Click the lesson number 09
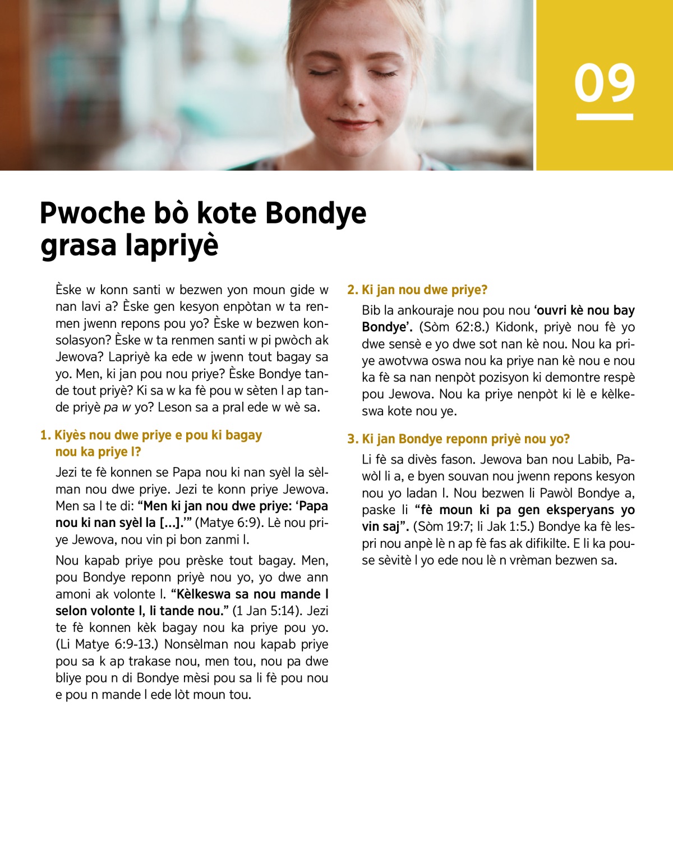pos(605,83)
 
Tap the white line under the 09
pos(605,117)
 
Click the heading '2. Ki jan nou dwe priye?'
pos(417,290)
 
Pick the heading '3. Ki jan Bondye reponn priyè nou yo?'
pos(458,439)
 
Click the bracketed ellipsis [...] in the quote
pos(170,523)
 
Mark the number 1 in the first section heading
pos(44,436)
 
